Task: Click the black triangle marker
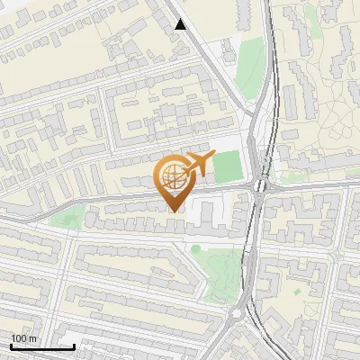click(181, 24)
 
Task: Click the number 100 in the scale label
click(19, 338)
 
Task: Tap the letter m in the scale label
click(33, 338)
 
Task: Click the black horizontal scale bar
click(42, 346)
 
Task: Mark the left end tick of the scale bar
click(11, 345)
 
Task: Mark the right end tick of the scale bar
click(74, 345)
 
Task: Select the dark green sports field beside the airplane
click(229, 166)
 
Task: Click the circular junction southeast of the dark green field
click(259, 187)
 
